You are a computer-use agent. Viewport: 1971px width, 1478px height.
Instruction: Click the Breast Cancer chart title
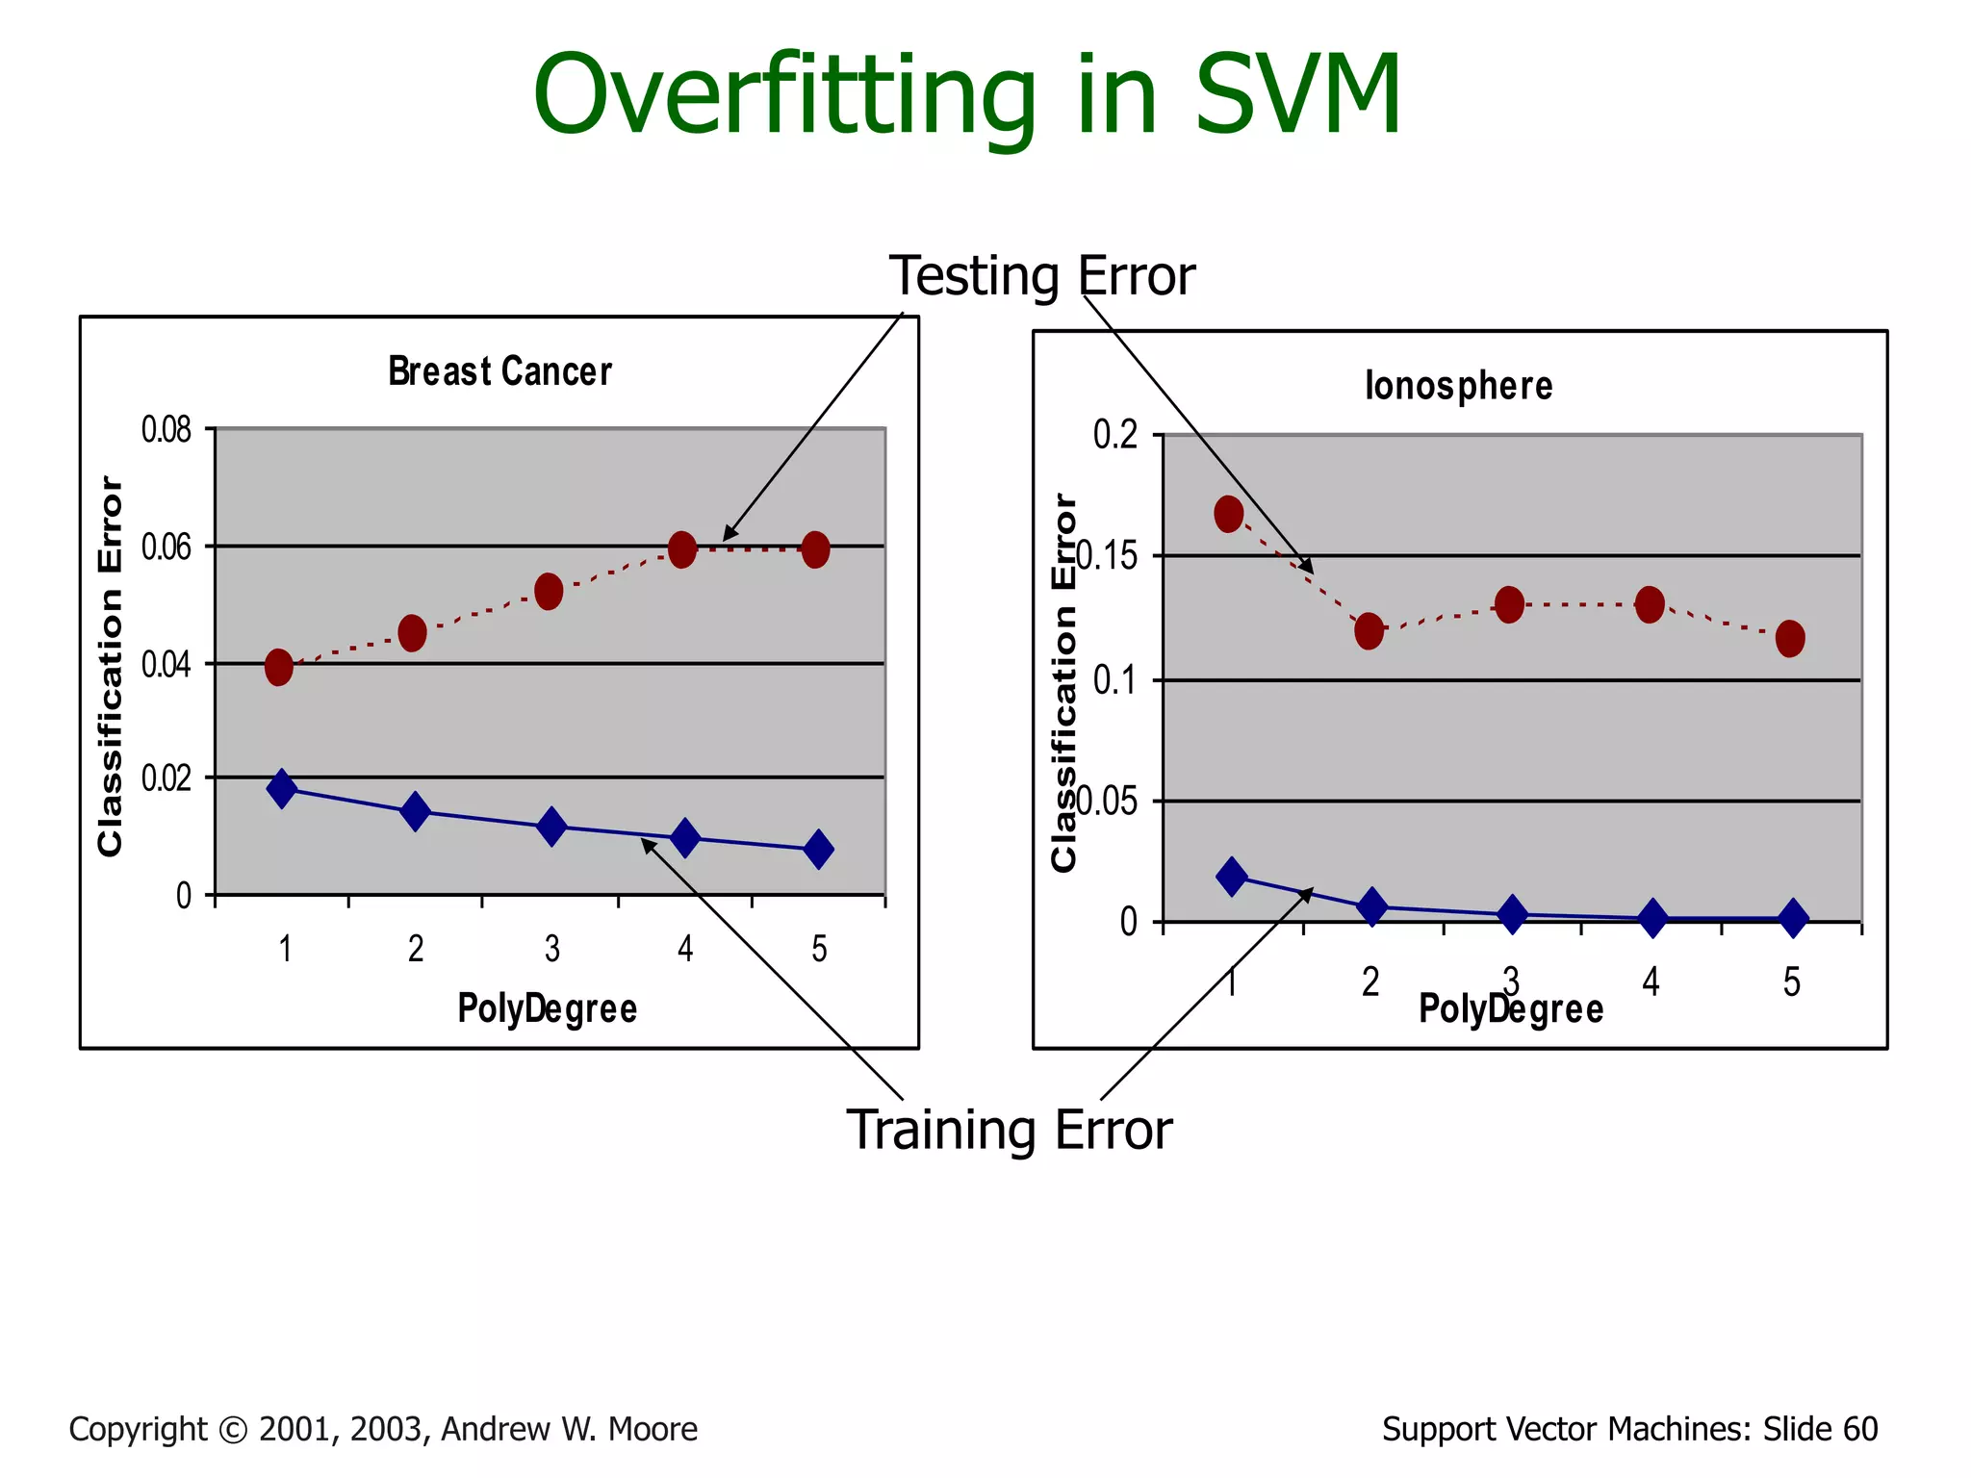499,371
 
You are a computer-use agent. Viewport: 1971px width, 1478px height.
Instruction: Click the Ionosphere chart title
1458,386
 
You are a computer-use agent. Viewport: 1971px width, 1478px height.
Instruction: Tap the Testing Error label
1041,276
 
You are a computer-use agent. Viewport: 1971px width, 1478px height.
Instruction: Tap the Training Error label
1009,1130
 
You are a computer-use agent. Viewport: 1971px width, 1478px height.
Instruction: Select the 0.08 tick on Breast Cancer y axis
166,429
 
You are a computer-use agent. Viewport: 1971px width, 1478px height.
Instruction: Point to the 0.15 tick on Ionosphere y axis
1107,556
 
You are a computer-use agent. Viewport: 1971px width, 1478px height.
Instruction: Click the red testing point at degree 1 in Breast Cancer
279,667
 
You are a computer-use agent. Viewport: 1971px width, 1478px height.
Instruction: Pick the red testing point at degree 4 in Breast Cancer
682,549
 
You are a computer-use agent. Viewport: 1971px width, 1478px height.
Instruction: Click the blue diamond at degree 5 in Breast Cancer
818,850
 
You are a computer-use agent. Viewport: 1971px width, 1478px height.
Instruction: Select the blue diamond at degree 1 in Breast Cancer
282,789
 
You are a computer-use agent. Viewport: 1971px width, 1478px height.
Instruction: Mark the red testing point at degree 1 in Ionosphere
1229,515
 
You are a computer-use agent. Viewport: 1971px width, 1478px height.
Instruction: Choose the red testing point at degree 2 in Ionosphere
1369,631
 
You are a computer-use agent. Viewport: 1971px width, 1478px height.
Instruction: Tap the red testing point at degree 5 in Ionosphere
1790,638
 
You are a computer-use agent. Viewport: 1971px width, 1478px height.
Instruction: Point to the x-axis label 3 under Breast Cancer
551,950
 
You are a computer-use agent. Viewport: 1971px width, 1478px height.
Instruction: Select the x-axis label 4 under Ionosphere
1651,982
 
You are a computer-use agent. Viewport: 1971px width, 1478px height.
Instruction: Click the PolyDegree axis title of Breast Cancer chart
547,1008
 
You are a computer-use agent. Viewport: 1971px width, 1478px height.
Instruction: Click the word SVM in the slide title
1297,94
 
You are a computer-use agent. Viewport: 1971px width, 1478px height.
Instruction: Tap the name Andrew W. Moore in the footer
569,1429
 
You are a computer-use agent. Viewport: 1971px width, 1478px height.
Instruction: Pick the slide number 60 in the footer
1859,1429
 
